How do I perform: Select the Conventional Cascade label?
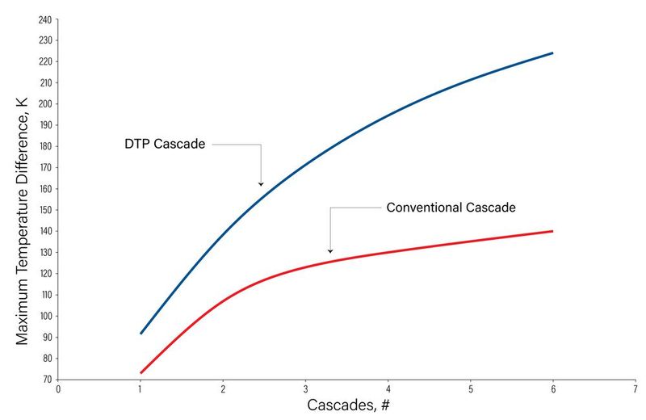(451, 208)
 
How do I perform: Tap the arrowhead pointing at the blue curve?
(261, 184)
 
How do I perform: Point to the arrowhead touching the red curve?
(329, 251)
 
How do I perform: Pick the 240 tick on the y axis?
(45, 19)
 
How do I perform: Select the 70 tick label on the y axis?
(47, 380)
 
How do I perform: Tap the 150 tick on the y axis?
(45, 210)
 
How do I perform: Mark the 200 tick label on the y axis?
(45, 103)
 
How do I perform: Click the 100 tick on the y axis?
(45, 316)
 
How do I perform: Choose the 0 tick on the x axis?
(58, 388)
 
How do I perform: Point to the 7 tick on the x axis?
(635, 388)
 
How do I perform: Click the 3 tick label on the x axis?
(305, 388)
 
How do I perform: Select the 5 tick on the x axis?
(470, 388)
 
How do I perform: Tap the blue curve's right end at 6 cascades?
(552, 52)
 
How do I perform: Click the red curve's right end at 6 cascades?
(552, 231)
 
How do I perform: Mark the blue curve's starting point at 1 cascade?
(141, 334)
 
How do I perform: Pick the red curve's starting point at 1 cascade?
(141, 373)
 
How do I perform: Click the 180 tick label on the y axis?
(45, 146)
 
